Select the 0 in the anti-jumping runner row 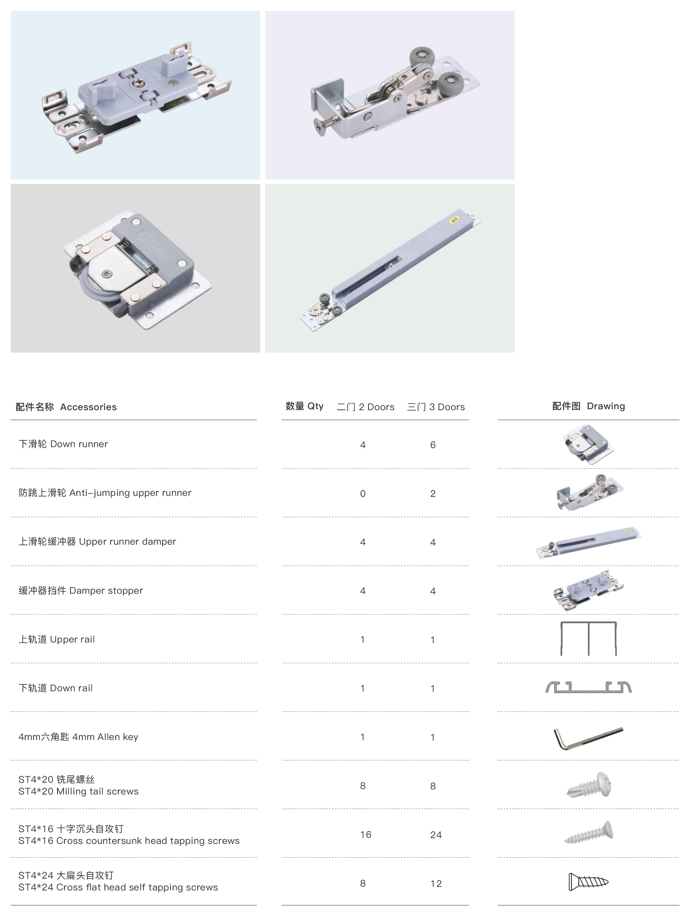(x=363, y=494)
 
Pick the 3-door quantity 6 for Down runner (x=433, y=445)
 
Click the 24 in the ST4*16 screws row (x=436, y=835)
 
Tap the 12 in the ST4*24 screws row (x=436, y=884)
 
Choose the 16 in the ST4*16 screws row (x=366, y=835)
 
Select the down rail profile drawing (x=589, y=691)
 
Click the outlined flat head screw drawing (x=589, y=882)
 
